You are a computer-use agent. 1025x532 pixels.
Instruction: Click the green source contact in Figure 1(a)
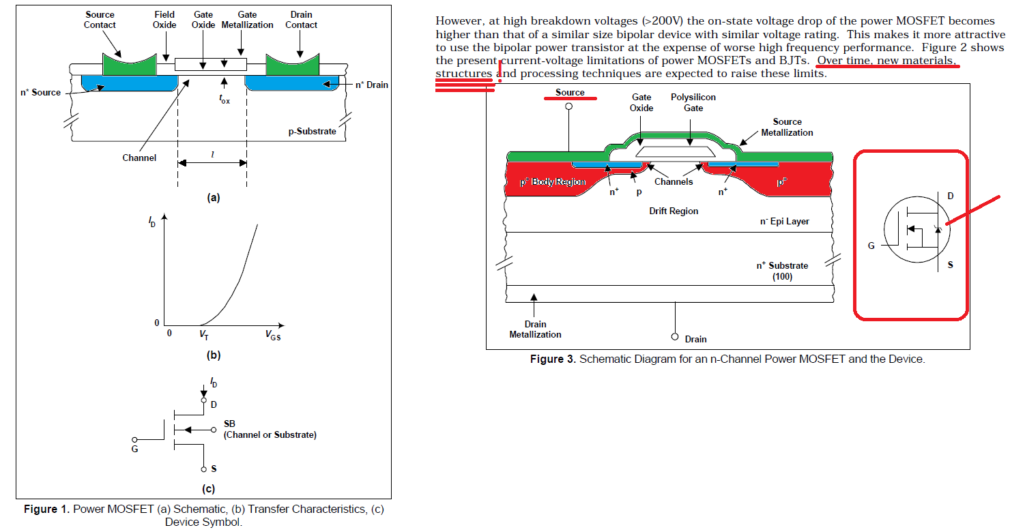pos(130,67)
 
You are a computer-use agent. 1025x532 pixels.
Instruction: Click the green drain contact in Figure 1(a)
pos(292,67)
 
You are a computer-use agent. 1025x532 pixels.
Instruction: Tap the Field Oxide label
pos(164,20)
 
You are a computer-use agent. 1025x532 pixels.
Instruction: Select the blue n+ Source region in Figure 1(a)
pos(130,83)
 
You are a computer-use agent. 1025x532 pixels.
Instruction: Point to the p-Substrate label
pos(312,131)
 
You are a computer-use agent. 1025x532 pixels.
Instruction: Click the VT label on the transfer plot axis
pos(203,335)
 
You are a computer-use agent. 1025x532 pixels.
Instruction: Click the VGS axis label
pos(273,336)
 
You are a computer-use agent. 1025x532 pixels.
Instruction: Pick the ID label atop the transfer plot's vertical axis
pos(152,222)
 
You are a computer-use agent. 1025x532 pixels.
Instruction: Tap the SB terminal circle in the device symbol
pos(214,430)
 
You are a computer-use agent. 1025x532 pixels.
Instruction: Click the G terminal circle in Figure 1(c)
pos(134,440)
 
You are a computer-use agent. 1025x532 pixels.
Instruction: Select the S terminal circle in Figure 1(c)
pos(203,469)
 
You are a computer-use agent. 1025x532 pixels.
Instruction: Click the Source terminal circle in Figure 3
pos(568,106)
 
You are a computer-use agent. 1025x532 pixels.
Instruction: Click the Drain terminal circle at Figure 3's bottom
pos(675,337)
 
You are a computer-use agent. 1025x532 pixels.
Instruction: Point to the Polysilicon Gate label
pos(693,102)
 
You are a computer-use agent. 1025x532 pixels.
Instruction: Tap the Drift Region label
pos(674,211)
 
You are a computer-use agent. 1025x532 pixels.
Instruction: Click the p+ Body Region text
pos(553,181)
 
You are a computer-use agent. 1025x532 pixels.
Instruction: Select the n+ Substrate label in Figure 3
pos(782,271)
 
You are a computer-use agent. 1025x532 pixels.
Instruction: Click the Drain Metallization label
pos(536,329)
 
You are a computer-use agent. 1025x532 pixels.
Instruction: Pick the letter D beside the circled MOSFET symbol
pos(951,196)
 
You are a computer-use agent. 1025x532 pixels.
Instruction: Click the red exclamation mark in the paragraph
pos(500,71)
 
